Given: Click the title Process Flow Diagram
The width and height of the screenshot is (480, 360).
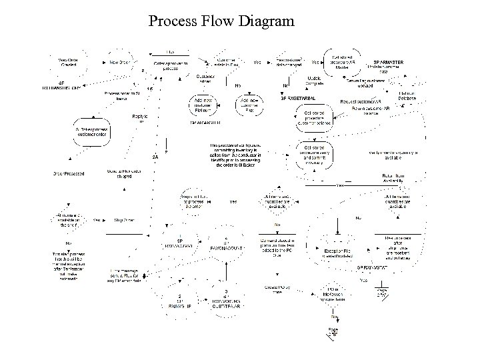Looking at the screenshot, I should pyautogui.click(x=221, y=21).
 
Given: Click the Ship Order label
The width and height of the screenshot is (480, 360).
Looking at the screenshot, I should pyautogui.click(x=125, y=219).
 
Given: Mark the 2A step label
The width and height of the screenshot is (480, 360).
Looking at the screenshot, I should pyautogui.click(x=155, y=157).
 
